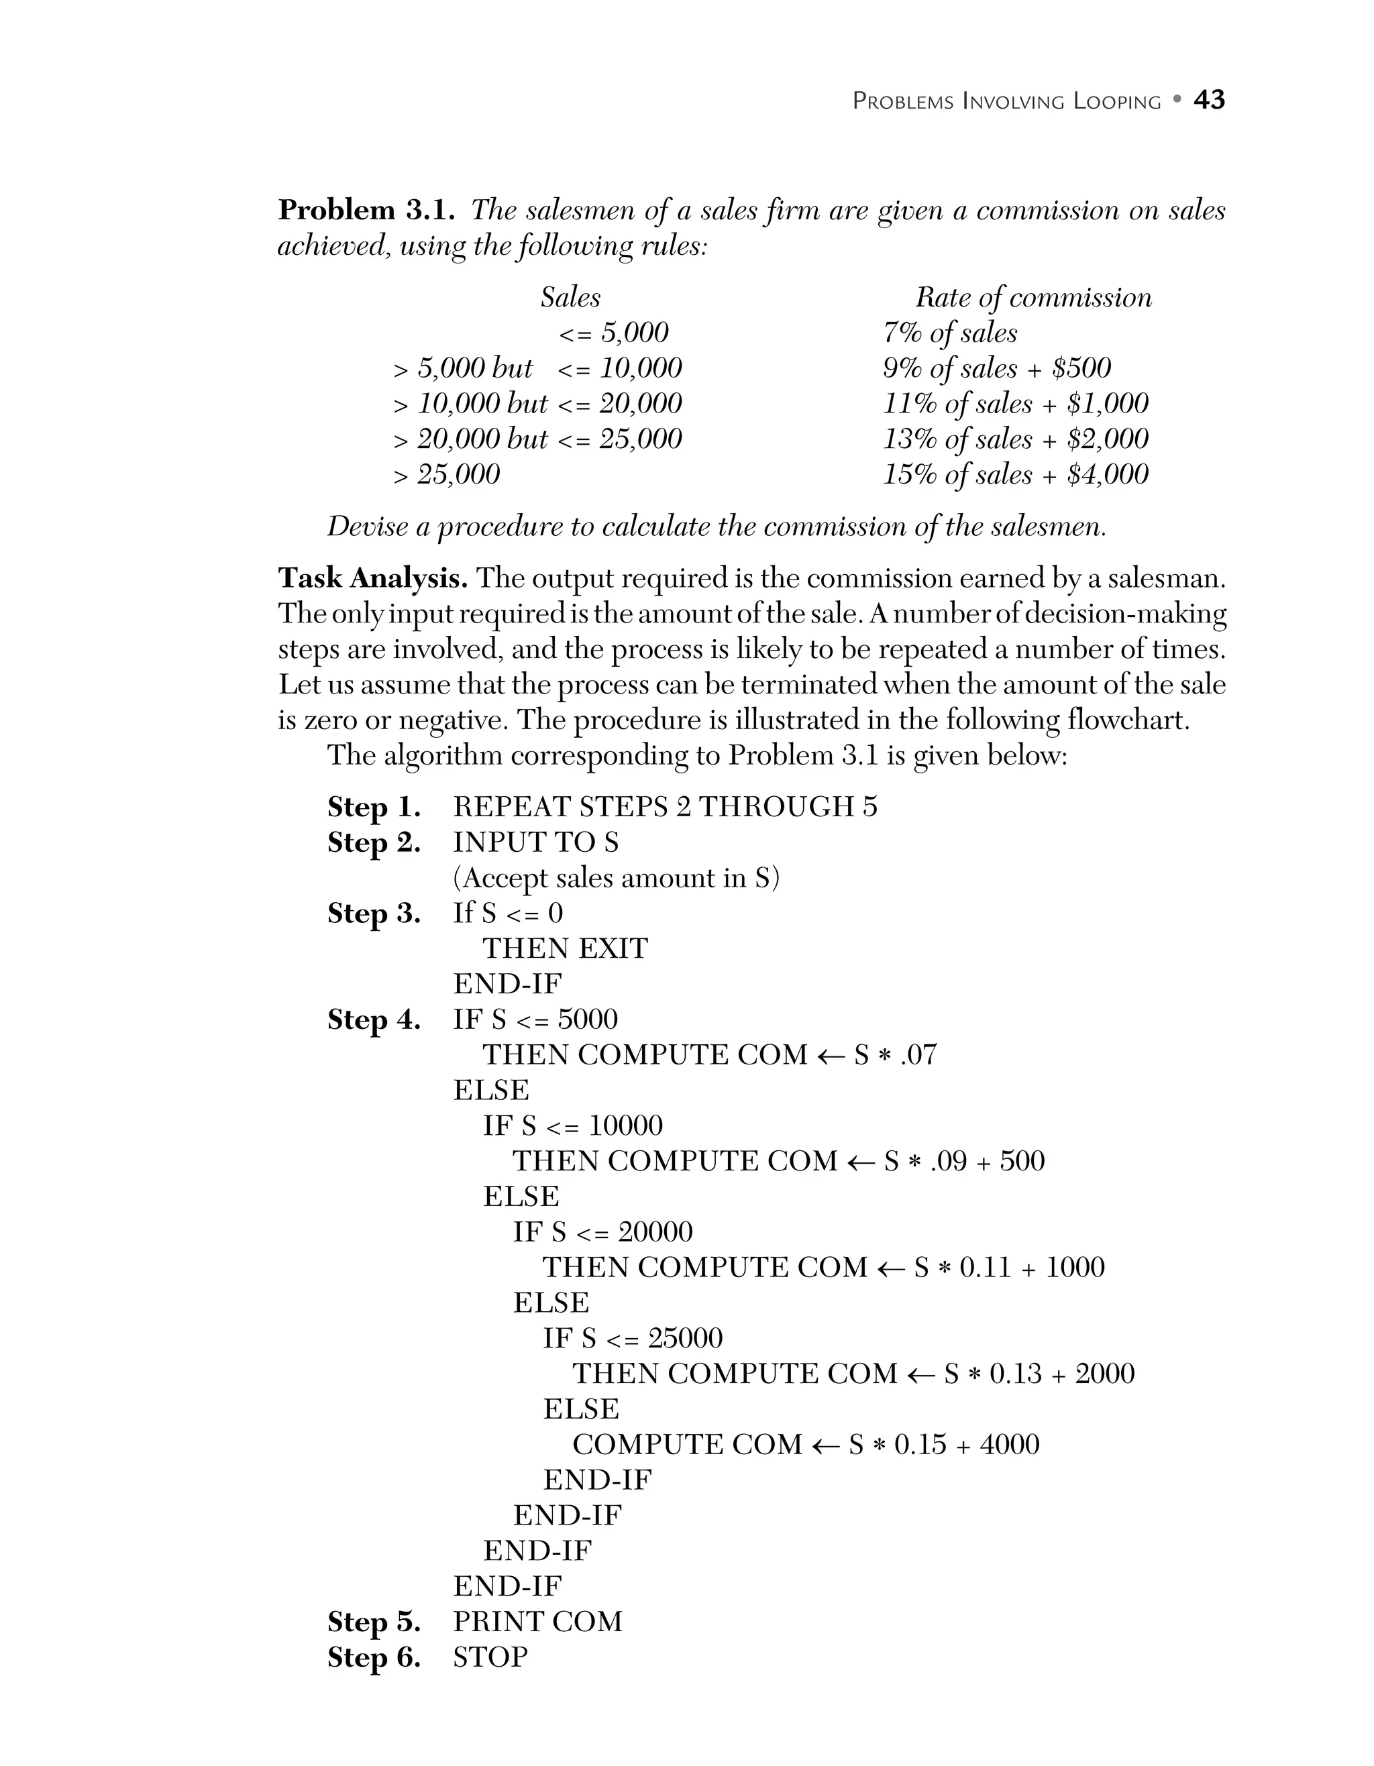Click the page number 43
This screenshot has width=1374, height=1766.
[x=1209, y=99]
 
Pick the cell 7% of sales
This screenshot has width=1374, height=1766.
[x=949, y=332]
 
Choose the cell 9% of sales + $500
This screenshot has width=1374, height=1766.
[x=996, y=368]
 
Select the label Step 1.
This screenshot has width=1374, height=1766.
[x=374, y=807]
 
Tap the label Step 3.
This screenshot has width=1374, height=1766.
[x=374, y=913]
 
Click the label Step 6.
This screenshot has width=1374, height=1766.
[x=374, y=1657]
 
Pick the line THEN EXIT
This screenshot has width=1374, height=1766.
[x=566, y=948]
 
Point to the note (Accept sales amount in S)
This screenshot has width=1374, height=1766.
[x=617, y=877]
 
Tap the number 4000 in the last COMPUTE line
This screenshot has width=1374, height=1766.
[x=1009, y=1444]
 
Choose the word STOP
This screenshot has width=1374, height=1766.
[x=490, y=1657]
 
